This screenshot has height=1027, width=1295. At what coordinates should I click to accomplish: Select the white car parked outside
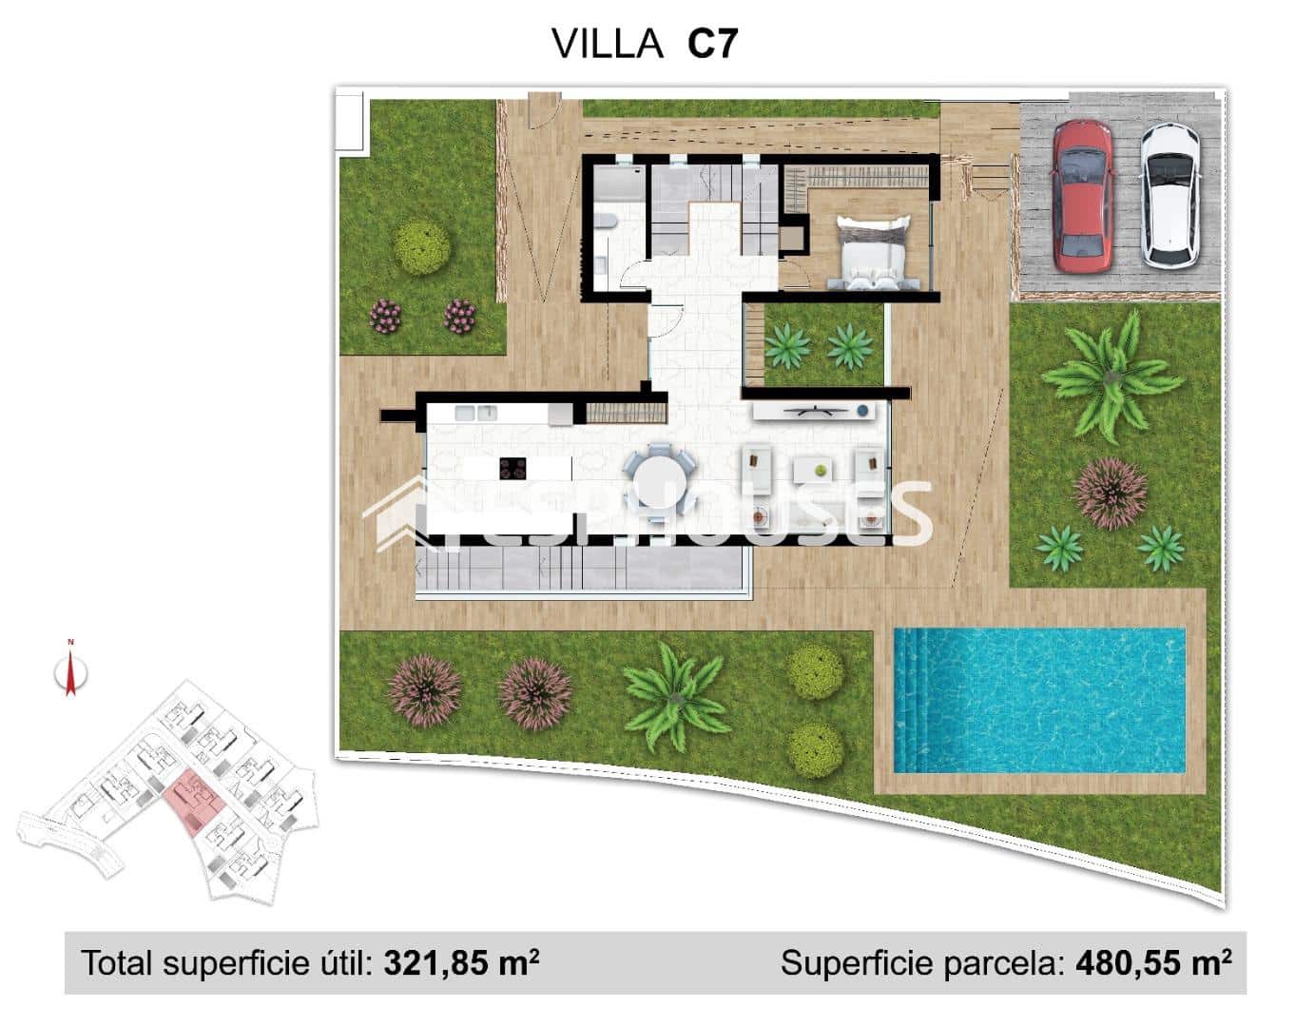point(1169,195)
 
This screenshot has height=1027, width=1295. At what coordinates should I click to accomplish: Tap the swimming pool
point(1038,700)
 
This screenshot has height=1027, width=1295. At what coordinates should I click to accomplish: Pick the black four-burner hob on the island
point(513,469)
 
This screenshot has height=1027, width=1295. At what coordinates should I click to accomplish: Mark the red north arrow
point(69,672)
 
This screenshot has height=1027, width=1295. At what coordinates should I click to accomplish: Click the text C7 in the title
point(712,44)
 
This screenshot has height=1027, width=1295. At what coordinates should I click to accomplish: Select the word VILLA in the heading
point(607,44)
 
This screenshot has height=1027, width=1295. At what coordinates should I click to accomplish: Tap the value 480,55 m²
point(1153,963)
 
